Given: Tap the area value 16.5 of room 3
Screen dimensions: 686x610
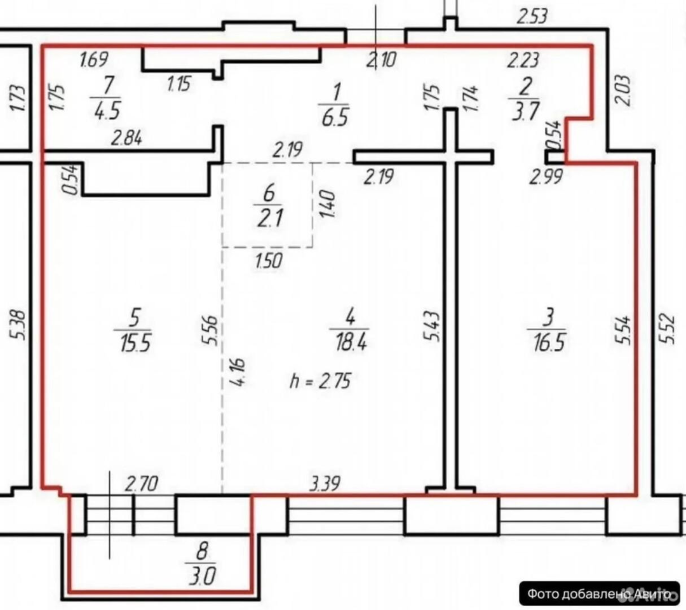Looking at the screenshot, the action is [549, 342].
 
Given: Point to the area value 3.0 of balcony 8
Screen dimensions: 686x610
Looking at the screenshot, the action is [202, 576].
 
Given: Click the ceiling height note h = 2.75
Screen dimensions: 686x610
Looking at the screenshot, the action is [320, 380].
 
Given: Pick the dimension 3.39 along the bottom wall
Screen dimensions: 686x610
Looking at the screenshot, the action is [325, 484].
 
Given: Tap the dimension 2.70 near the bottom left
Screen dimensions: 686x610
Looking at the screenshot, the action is [141, 484].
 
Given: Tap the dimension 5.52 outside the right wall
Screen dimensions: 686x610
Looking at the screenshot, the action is [668, 328].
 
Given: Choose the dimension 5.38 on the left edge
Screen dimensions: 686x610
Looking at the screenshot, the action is [20, 325].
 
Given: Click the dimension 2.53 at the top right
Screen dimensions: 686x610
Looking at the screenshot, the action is [532, 17].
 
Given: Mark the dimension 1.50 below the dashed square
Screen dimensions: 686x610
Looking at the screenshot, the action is [268, 261].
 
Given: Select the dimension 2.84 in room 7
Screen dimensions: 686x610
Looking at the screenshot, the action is [126, 139].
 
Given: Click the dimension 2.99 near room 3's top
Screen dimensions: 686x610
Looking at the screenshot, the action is [546, 177].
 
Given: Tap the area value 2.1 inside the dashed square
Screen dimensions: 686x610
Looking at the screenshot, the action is [270, 217].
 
